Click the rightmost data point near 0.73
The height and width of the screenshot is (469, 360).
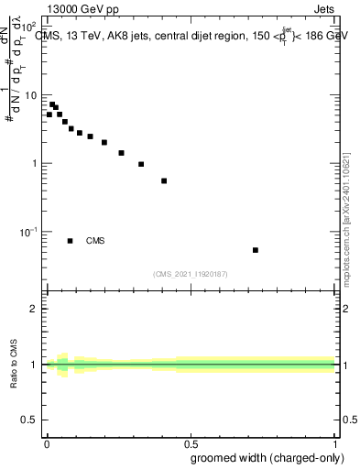(256, 250)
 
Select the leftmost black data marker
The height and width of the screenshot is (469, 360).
(49, 115)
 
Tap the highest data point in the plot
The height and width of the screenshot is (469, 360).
(52, 104)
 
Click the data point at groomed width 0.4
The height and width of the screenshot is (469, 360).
(164, 180)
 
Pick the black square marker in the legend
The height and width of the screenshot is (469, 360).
(70, 241)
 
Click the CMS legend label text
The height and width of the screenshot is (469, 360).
(95, 241)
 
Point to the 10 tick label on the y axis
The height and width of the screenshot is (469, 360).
(33, 95)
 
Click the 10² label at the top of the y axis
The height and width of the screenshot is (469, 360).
(31, 27)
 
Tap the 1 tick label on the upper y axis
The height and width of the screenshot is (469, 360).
(37, 164)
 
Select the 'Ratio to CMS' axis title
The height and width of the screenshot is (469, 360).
(14, 364)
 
